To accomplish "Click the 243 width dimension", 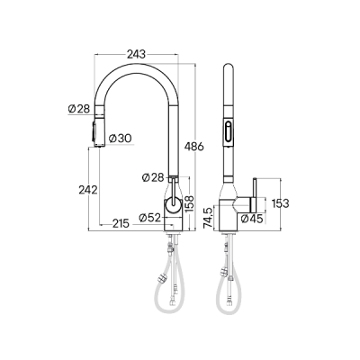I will pos(137,54).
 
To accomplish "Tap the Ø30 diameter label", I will pos(120,138).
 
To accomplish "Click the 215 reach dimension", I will pos(125,224).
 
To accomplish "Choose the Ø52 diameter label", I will pos(149,217).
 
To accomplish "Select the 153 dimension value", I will pos(281,203).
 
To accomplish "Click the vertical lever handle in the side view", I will pos(255,193).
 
